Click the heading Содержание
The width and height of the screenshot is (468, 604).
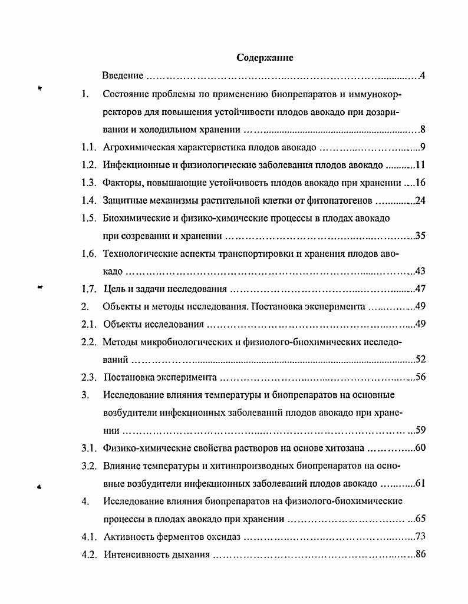click(x=265, y=58)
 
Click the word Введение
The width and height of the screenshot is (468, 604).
click(x=123, y=76)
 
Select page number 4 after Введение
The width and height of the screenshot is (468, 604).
click(x=423, y=76)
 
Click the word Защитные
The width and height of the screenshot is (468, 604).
click(x=121, y=201)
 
